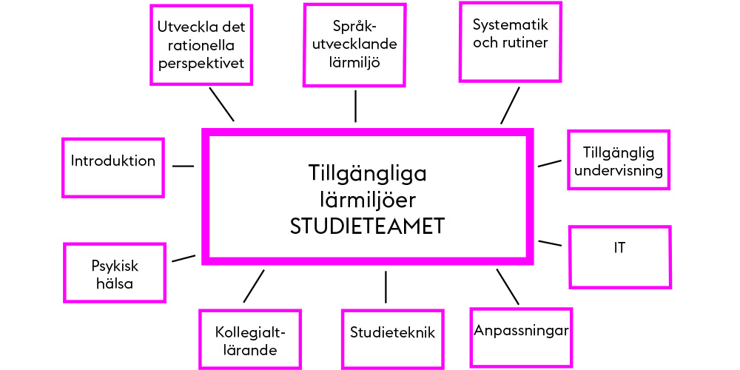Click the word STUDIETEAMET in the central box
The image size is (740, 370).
click(x=367, y=227)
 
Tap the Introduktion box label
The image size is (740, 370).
click(x=112, y=161)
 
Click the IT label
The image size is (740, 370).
click(x=619, y=248)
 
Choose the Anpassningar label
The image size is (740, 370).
click(x=521, y=330)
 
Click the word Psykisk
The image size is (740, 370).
click(x=115, y=266)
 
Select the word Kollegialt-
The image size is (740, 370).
click(x=250, y=332)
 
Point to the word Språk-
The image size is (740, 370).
click(x=354, y=27)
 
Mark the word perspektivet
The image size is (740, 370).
click(x=201, y=63)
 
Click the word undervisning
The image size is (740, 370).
click(x=619, y=170)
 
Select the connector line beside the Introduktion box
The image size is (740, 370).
click(x=183, y=166)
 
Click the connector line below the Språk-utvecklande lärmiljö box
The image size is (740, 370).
click(x=355, y=106)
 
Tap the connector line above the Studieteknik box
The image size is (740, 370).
click(x=386, y=287)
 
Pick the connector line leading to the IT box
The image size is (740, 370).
click(x=551, y=243)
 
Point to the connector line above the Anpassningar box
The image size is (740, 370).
click(x=508, y=287)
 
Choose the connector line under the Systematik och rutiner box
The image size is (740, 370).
click(x=510, y=105)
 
